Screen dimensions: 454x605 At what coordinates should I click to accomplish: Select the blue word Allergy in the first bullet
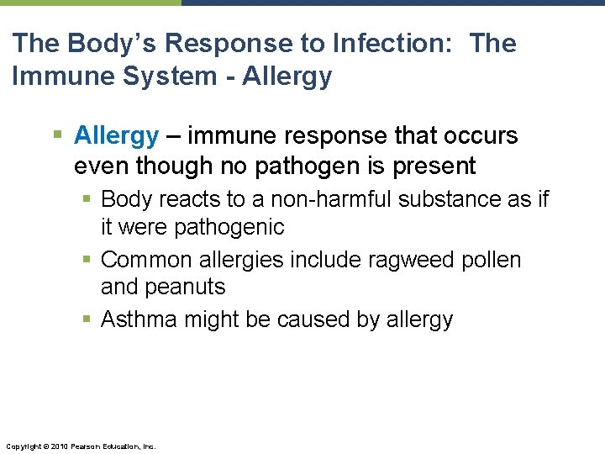click(116, 135)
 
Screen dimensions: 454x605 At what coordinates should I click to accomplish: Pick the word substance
click(455, 199)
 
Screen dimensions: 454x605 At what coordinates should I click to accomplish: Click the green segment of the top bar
click(90, 3)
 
